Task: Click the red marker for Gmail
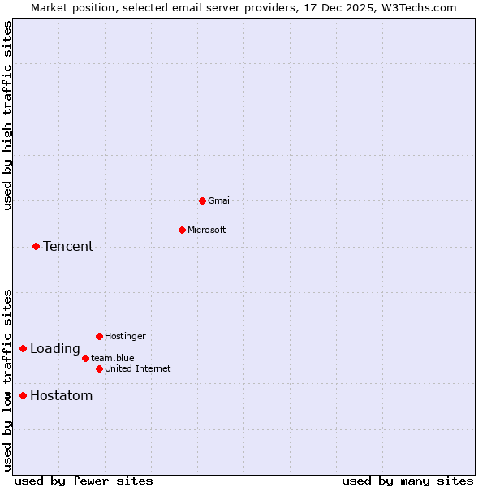202,200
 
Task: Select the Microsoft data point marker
182,230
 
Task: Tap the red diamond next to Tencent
36,246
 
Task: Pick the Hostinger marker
99,336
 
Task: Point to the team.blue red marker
85,358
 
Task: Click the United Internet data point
99,368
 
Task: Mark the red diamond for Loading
23,349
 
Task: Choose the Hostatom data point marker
23,396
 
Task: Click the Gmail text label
220,200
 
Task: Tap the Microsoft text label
206,230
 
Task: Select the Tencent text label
68,246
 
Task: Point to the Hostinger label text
125,336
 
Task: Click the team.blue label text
113,358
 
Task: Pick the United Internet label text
138,368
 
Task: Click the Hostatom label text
61,396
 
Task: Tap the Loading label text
55,349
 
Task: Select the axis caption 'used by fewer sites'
84,481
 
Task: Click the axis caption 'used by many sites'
407,481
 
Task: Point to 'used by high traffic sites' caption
7,115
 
